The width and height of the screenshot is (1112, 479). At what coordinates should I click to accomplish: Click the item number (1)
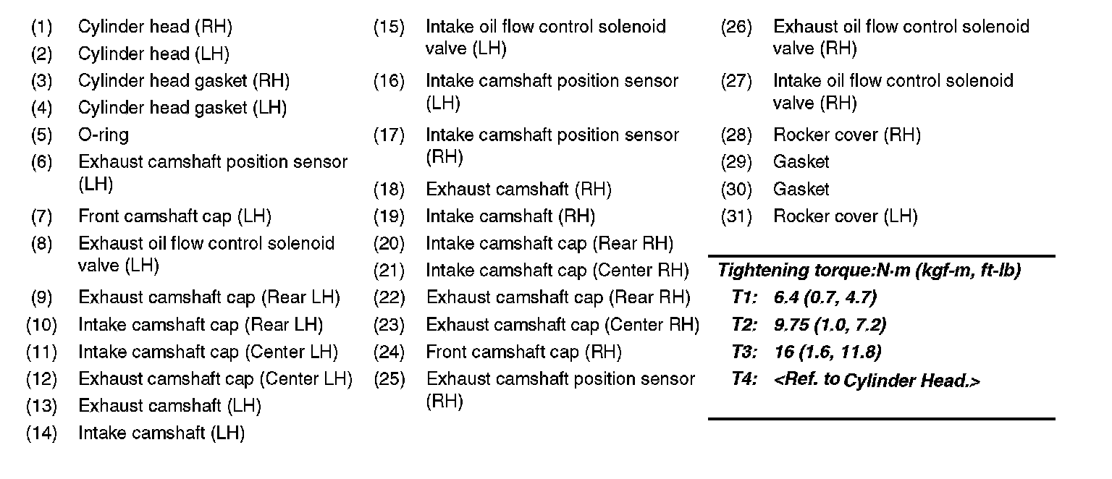click(41, 27)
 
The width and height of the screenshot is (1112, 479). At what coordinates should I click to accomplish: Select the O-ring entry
click(104, 135)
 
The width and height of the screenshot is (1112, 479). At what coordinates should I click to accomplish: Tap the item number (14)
click(41, 433)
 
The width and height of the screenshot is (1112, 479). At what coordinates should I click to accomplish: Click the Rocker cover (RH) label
click(846, 135)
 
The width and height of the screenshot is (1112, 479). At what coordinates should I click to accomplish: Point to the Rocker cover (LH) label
click(845, 216)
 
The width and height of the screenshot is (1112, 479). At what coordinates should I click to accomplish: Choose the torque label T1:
click(744, 297)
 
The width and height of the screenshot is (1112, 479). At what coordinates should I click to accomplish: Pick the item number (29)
click(736, 162)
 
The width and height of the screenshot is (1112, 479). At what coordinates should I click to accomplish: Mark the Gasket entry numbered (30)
click(801, 190)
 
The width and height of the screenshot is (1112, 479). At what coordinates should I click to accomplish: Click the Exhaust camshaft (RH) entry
click(518, 190)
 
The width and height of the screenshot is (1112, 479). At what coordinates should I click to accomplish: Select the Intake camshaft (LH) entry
click(161, 433)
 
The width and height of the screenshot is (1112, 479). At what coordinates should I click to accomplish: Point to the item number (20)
click(389, 244)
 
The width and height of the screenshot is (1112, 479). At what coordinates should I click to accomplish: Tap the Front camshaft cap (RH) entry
click(523, 352)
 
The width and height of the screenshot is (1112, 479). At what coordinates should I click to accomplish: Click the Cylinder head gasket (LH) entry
click(182, 109)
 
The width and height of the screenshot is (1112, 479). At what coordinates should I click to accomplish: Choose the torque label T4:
click(744, 380)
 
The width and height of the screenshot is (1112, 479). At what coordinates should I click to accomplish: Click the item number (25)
click(389, 379)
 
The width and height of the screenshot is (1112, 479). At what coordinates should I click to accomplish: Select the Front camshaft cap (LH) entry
click(174, 216)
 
